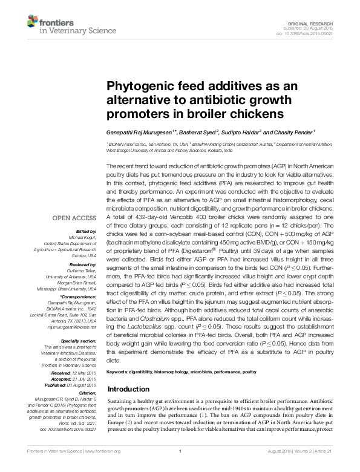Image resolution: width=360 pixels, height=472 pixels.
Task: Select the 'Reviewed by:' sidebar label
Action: (83, 264)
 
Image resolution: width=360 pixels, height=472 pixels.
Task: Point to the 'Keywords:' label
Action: (119, 371)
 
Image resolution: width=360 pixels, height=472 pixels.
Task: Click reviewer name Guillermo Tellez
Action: (80, 270)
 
